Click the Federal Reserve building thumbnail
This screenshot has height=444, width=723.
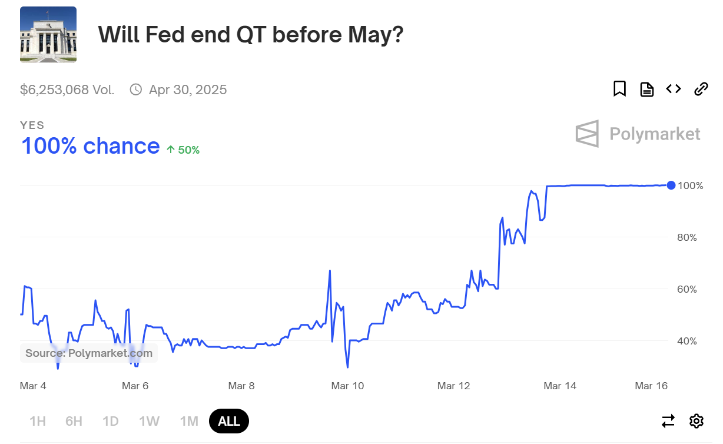pyautogui.click(x=48, y=35)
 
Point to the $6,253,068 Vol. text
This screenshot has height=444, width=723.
pyautogui.click(x=67, y=90)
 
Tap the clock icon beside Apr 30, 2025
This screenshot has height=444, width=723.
pyautogui.click(x=136, y=90)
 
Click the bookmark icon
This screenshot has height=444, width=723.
pyautogui.click(x=619, y=89)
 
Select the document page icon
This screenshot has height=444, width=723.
pyautogui.click(x=646, y=90)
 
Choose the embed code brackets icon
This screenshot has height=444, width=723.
pyautogui.click(x=674, y=89)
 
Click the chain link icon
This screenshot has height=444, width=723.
pyautogui.click(x=701, y=90)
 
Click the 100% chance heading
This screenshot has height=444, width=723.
pyautogui.click(x=90, y=145)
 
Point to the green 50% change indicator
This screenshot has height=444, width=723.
pyautogui.click(x=183, y=150)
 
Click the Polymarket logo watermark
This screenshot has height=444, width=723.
pyautogui.click(x=638, y=134)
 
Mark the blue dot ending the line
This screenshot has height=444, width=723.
pyautogui.click(x=671, y=185)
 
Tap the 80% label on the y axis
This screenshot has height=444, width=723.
pyautogui.click(x=687, y=237)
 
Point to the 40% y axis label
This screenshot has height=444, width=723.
pyautogui.click(x=687, y=341)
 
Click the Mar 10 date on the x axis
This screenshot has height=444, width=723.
pyautogui.click(x=347, y=386)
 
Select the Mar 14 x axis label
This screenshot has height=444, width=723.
pyautogui.click(x=560, y=386)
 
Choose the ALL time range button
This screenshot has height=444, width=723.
pyautogui.click(x=229, y=421)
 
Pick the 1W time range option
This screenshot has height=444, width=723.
pyautogui.click(x=150, y=421)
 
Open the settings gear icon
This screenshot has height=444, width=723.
pyautogui.click(x=697, y=421)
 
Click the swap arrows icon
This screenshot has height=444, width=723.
pyautogui.click(x=668, y=421)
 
